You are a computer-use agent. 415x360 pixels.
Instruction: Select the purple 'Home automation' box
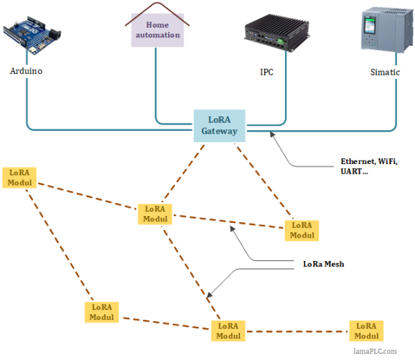pos(157,30)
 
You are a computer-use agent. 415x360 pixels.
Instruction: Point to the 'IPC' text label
pos(266,72)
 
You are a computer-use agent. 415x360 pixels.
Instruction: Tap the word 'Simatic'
pos(385,72)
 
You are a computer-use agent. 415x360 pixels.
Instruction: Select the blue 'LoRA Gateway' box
pos(219,125)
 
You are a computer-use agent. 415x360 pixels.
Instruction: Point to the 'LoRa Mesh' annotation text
pos(324,264)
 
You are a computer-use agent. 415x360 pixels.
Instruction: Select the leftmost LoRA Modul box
pos(20,177)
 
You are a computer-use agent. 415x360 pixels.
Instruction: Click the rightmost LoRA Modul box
pos(367,330)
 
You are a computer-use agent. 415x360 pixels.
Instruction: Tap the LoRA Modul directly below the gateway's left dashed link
pos(155,213)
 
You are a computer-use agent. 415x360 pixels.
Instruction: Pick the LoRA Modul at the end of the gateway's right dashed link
pos(302,230)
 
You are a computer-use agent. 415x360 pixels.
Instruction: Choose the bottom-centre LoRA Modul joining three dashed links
pos(228,330)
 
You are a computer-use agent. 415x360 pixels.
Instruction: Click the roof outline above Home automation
pos(157,8)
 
